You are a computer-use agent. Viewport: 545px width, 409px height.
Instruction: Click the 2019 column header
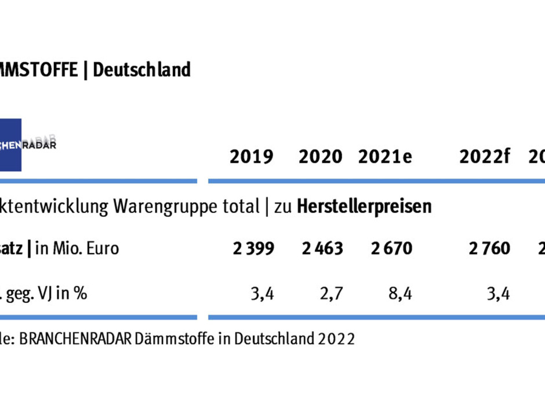point(251,157)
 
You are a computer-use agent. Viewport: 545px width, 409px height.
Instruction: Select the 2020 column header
point(320,157)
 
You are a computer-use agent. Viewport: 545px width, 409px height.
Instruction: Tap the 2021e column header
point(385,157)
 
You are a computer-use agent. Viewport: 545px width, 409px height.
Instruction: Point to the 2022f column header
point(485,157)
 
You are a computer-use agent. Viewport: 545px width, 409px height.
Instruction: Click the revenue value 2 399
point(253,249)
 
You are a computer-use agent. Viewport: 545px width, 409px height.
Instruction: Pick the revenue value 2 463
point(322,249)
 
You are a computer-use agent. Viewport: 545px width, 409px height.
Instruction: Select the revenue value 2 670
point(392,249)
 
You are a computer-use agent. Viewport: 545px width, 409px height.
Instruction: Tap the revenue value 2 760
point(489,249)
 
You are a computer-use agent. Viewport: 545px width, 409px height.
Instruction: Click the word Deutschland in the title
point(141,70)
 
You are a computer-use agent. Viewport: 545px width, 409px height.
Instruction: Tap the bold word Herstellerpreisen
point(364,207)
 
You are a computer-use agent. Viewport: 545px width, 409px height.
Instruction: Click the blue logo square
point(10,144)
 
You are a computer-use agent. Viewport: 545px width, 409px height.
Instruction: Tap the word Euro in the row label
point(103,249)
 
